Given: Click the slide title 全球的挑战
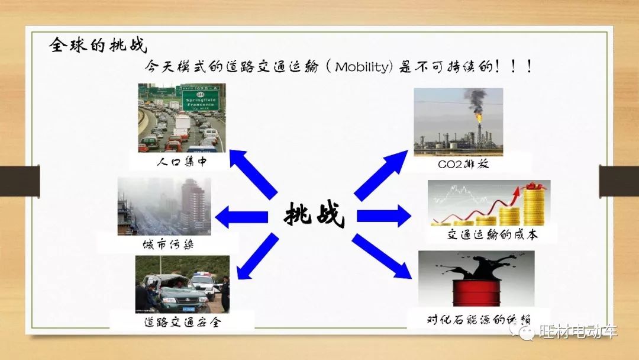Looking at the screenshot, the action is click(x=98, y=45).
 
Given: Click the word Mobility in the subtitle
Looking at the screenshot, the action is click(x=362, y=66).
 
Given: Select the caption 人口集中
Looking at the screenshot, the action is click(x=182, y=162).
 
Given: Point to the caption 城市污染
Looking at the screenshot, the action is click(x=168, y=244).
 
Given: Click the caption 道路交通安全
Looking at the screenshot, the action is click(x=182, y=323).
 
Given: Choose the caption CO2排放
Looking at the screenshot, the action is click(x=463, y=164).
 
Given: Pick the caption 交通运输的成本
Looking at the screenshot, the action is click(x=492, y=234).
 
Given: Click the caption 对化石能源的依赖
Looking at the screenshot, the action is click(x=479, y=319).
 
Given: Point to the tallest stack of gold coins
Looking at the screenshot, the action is click(x=534, y=204).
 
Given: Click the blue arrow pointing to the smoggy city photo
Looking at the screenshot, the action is click(x=241, y=217).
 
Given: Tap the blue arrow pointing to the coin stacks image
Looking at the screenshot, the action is click(x=384, y=216).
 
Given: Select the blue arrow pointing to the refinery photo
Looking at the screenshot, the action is click(x=380, y=175).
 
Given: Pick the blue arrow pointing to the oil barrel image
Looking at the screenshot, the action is click(x=382, y=256).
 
